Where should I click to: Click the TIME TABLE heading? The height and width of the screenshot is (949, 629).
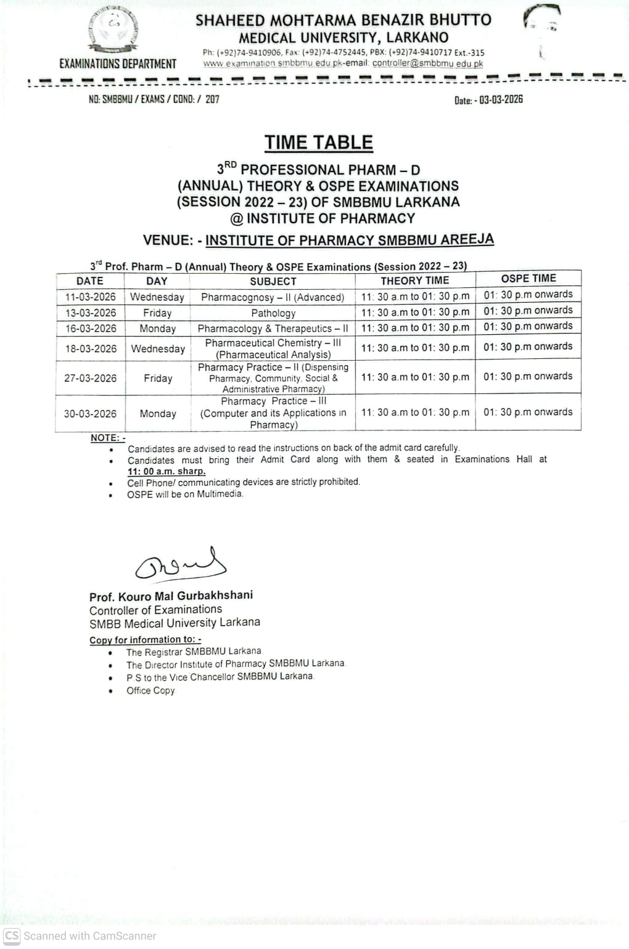click(x=319, y=142)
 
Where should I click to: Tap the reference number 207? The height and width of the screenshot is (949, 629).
click(x=212, y=99)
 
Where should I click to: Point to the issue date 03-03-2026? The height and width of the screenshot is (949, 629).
click(x=501, y=100)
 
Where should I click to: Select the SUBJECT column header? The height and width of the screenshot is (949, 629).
click(x=273, y=281)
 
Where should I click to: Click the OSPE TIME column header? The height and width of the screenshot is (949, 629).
click(x=528, y=279)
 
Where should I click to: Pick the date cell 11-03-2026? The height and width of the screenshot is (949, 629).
click(x=91, y=297)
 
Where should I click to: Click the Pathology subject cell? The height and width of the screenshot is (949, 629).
click(x=273, y=313)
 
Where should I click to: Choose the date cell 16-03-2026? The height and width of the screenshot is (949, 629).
click(x=91, y=329)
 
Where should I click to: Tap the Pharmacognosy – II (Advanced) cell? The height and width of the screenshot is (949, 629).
click(x=273, y=297)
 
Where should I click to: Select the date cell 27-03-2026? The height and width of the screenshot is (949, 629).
click(x=91, y=378)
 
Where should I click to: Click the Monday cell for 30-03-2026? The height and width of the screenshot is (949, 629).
click(x=158, y=414)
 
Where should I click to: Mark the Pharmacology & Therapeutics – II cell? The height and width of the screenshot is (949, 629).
click(x=273, y=329)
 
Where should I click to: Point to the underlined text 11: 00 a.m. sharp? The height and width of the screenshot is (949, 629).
click(x=166, y=471)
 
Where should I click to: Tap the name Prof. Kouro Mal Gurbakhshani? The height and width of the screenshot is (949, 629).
click(x=171, y=596)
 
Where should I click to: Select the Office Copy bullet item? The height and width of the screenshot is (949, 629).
click(x=150, y=691)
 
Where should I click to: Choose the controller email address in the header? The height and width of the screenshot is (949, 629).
click(x=427, y=64)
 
